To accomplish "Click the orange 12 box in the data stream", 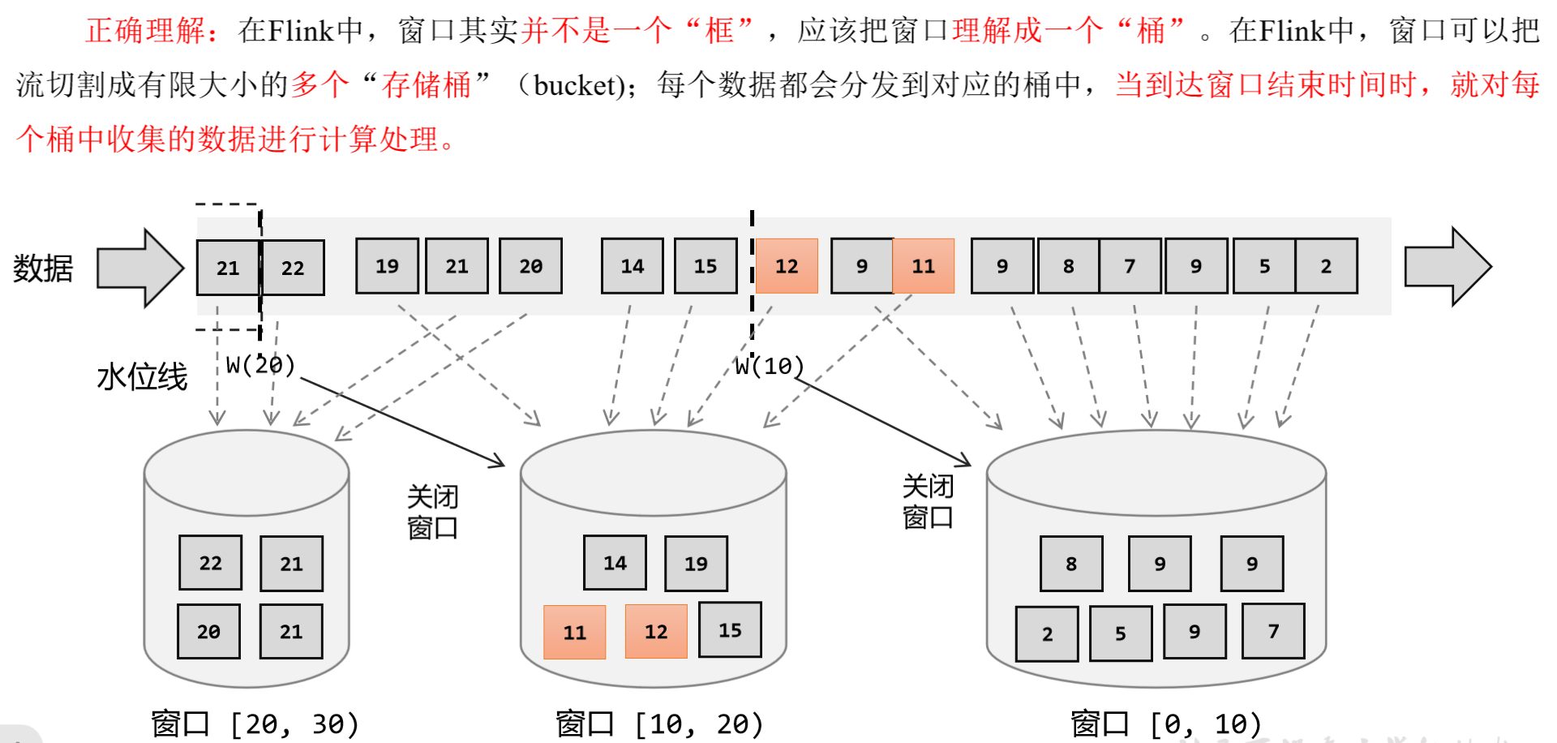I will (787, 266).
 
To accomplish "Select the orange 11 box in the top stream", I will (923, 266).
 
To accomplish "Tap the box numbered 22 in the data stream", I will (293, 268).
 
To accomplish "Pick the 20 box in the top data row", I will (530, 266).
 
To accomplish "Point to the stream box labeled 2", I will (1326, 266).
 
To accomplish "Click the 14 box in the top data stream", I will (632, 266).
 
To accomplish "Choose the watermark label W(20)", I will (260, 365).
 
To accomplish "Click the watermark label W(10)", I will (769, 367).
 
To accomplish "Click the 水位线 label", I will (142, 377).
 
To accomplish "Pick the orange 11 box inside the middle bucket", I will (574, 633).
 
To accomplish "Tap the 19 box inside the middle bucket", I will (696, 564).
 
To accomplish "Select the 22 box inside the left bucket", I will (210, 563).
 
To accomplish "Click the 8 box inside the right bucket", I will (1071, 564).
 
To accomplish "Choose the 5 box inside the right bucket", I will (1120, 633).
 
